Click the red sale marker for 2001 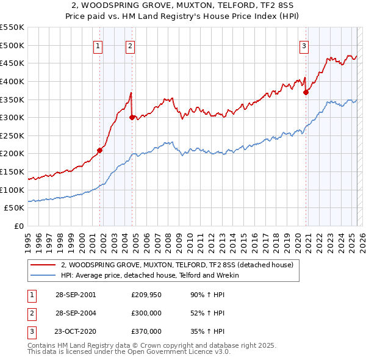pos(100,150)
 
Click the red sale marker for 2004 pos(132,117)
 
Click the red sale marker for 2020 pos(306,92)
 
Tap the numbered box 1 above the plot pos(98,45)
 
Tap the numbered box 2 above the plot pos(131,45)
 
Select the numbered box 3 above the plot pos(304,45)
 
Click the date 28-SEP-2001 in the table pos(76,295)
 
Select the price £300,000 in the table pos(146,313)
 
